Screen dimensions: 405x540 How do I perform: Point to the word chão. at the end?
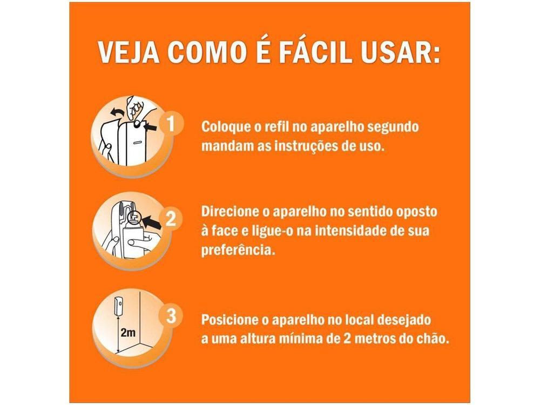tap(431, 339)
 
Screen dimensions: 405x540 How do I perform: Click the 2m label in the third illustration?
tap(128, 333)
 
